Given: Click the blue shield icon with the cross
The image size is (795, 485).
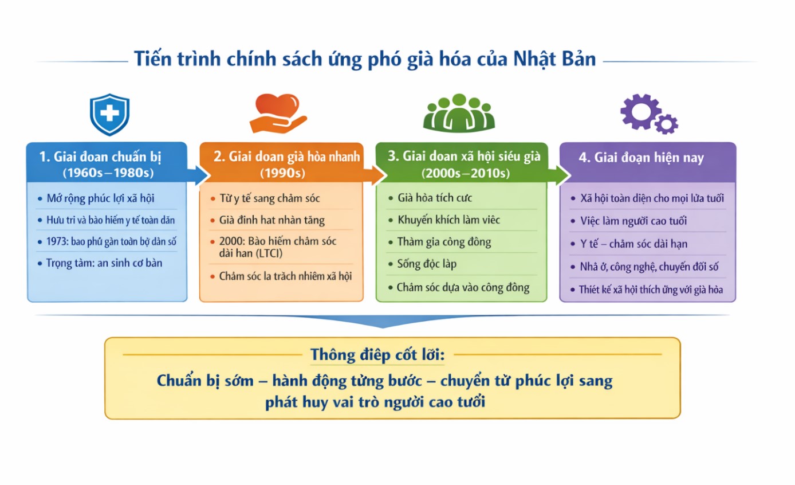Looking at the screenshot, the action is point(109,115).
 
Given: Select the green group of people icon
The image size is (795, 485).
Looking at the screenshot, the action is point(459,113).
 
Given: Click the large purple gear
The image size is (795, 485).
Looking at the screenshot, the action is point(640,111).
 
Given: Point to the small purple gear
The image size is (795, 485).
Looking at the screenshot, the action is point(666,124).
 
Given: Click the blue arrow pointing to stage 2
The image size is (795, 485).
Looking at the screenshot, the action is point(199,175).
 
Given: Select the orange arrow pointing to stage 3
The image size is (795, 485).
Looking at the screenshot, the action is point(375,175).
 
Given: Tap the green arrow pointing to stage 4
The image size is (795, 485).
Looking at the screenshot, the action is point(559,175).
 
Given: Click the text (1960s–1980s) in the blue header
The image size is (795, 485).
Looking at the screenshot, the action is point(108,173).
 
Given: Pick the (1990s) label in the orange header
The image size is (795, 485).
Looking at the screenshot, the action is point(282,173).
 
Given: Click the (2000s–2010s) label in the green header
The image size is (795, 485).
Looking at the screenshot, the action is point(465,173).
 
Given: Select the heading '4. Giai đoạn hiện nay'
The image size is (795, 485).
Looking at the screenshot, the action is point(641,158).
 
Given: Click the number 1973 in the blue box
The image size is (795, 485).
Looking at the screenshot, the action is point(57,241).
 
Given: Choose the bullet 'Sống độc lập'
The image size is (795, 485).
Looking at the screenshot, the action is point(427,264).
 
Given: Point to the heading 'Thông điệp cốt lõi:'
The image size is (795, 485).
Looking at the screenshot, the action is point(377,355).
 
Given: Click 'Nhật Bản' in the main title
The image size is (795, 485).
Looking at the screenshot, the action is point(554,58).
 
